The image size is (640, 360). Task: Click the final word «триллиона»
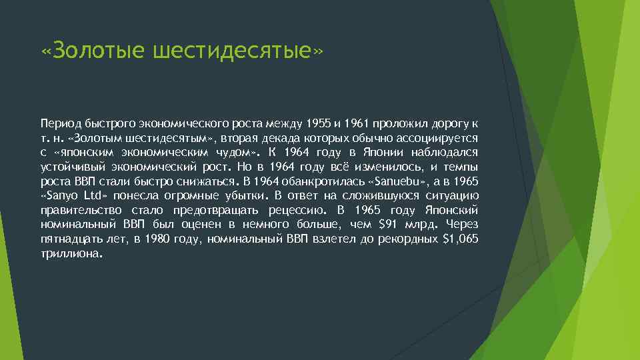pyautogui.click(x=71, y=253)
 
